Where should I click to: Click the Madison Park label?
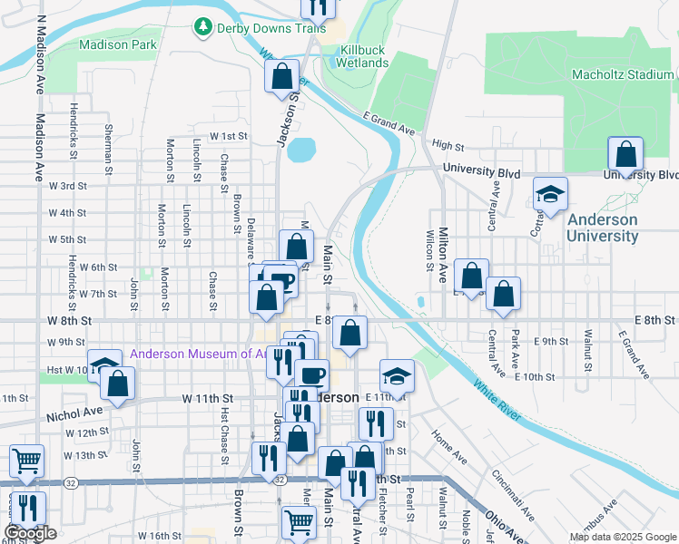[x=118, y=44]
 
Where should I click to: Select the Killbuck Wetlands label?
[x=362, y=57]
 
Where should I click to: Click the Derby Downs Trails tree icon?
[x=203, y=28]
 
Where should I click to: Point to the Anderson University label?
[x=602, y=228]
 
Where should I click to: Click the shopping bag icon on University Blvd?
[x=625, y=153]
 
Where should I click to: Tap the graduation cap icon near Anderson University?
[x=549, y=194]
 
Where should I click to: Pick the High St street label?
[x=448, y=145]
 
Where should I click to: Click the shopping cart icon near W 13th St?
[x=26, y=460]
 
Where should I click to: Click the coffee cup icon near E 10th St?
[x=312, y=374]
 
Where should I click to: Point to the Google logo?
[x=30, y=533]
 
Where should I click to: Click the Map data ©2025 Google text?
[x=622, y=537]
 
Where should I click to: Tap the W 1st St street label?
[x=229, y=136]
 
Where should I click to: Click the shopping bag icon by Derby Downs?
[x=282, y=76]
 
